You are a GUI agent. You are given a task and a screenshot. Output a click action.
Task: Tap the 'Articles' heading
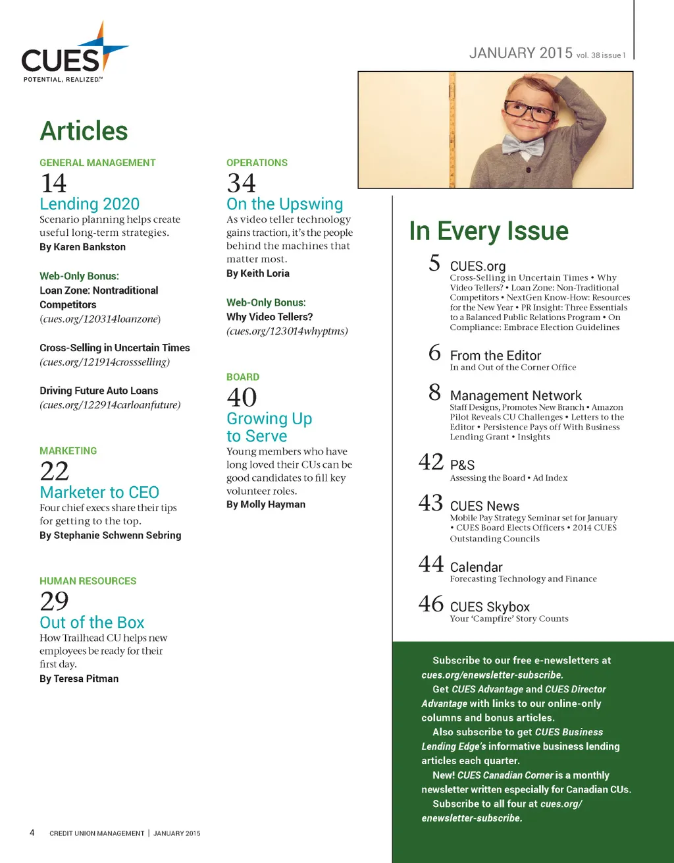click(x=84, y=131)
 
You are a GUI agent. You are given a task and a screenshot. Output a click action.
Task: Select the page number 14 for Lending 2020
click(x=53, y=183)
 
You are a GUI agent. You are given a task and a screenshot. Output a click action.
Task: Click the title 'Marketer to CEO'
click(x=99, y=492)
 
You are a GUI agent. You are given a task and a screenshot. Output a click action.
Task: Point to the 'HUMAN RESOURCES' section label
click(x=88, y=581)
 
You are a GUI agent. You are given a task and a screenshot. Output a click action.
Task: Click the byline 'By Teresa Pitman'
click(x=79, y=679)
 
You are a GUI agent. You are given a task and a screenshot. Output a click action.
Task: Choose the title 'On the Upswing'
click(x=284, y=204)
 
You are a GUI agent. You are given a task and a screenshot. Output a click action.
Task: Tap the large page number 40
click(x=242, y=397)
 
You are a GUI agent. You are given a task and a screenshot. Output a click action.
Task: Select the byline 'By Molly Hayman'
click(x=266, y=505)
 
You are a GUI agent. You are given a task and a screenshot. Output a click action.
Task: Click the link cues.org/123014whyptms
click(x=287, y=331)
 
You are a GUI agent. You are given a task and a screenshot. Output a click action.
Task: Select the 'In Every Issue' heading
click(x=488, y=231)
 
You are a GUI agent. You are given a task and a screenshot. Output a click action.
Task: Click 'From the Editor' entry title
click(x=495, y=356)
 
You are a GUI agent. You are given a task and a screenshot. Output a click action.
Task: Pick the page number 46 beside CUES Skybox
click(x=431, y=604)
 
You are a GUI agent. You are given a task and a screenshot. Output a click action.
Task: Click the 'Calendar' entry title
click(x=476, y=567)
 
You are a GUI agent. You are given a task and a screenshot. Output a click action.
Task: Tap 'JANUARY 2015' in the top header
click(x=521, y=53)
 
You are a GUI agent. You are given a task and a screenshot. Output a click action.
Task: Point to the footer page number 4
click(x=32, y=833)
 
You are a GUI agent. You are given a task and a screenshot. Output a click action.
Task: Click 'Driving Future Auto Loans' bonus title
click(x=99, y=391)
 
